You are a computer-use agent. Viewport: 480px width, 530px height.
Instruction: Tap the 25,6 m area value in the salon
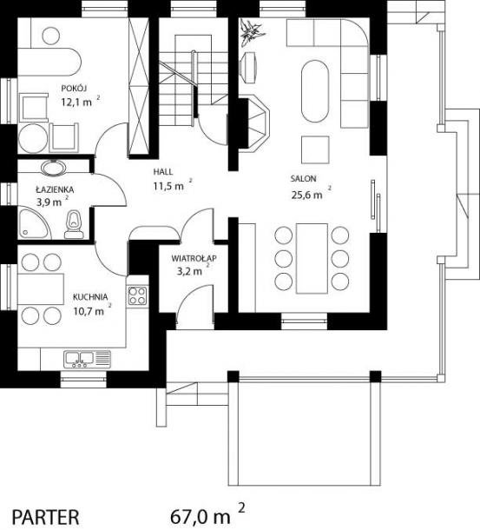[306, 195]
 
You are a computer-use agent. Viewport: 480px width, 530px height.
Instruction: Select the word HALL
[163, 172]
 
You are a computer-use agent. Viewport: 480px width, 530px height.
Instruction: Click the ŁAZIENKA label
[55, 189]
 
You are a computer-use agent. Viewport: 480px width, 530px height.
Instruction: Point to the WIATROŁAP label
[194, 259]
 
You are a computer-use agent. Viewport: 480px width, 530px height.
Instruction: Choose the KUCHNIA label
[90, 297]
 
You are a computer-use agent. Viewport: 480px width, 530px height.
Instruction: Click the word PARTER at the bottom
[46, 517]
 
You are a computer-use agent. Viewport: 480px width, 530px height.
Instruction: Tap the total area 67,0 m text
[201, 517]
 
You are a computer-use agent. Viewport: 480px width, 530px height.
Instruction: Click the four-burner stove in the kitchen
[137, 296]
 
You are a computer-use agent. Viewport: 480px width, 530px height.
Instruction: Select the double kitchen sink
[79, 360]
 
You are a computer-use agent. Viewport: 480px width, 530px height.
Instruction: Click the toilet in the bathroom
[74, 225]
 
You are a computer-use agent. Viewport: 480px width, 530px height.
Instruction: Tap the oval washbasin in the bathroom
[54, 168]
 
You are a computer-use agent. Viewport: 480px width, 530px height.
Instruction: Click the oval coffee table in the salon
[315, 91]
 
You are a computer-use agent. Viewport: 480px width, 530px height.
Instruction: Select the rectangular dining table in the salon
[312, 258]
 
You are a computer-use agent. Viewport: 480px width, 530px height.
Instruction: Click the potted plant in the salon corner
[252, 31]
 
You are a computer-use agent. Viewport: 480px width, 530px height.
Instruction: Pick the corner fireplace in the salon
[253, 123]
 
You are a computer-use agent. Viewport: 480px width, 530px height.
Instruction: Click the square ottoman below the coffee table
[315, 149]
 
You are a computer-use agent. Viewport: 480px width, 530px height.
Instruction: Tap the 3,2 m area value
[189, 271]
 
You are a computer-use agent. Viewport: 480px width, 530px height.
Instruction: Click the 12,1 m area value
[76, 102]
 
